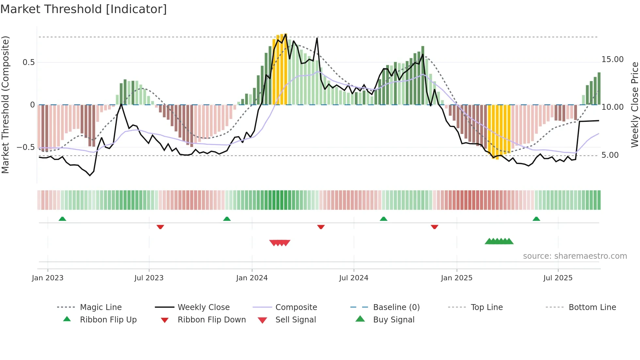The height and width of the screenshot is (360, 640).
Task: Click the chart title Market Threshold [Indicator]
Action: (84, 9)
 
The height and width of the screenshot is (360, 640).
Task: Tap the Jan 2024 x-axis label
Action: (252, 278)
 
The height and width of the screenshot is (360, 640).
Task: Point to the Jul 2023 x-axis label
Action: (149, 278)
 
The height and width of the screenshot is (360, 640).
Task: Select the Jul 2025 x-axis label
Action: (558, 278)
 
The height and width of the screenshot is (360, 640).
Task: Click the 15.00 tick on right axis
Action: (612, 59)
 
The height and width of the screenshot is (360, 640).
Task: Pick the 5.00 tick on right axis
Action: (610, 155)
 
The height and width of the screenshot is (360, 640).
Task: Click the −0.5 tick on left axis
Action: (26, 147)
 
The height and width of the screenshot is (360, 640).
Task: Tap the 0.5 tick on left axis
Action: (29, 62)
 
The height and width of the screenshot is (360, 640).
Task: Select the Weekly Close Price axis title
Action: (634, 105)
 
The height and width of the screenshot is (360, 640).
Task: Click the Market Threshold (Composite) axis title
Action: (5, 105)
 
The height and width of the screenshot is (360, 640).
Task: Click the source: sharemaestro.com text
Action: (575, 256)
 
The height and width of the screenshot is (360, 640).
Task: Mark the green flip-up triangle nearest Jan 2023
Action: (62, 219)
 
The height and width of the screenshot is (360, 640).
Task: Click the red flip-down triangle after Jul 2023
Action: (160, 227)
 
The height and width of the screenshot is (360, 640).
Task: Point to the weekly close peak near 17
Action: (317, 38)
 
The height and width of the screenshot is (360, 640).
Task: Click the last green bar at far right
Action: (599, 88)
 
